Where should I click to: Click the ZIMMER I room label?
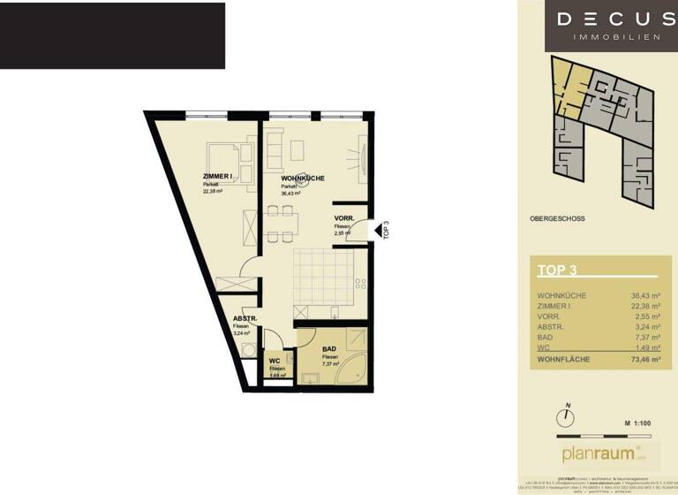point(217,177)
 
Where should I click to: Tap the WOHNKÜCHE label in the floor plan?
point(303,179)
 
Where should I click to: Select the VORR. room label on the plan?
point(344,218)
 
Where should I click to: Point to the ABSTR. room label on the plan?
point(245,318)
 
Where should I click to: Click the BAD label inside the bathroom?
point(329,349)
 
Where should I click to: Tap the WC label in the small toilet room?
point(275,361)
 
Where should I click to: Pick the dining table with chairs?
point(280,224)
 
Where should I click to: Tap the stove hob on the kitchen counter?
point(360,284)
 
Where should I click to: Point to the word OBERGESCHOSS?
point(557,218)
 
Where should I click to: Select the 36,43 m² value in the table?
point(645,296)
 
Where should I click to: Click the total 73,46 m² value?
point(645,361)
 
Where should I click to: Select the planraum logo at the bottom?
point(599,454)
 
